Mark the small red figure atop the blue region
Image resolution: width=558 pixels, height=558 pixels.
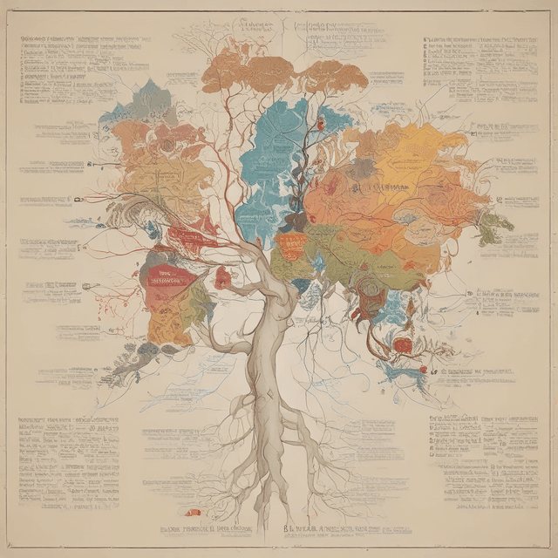click(321, 124)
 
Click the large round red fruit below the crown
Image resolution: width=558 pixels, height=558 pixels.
click(402, 345)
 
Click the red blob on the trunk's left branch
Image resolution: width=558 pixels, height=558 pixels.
click(223, 278)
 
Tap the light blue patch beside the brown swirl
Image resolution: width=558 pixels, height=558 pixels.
click(397, 305)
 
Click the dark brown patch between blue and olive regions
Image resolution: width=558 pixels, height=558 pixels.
click(295, 222)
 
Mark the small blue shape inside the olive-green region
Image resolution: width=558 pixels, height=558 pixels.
click(319, 261)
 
